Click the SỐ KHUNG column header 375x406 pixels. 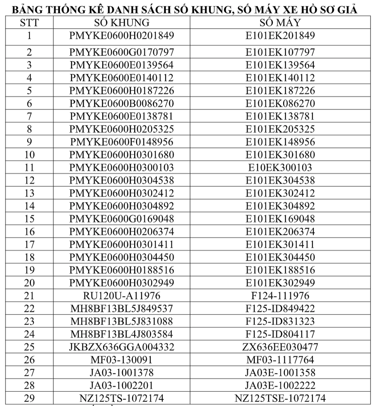coord(122,23)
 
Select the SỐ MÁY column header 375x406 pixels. coord(280,23)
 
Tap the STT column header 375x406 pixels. coord(29,23)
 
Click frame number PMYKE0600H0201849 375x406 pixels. coord(122,36)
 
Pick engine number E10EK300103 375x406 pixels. coord(280,168)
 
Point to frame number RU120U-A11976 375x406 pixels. coord(122,296)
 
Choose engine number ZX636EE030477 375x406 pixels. coord(280,347)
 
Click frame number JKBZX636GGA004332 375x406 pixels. coord(122,347)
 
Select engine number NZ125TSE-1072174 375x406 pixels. coord(280,398)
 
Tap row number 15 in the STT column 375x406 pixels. coord(29,219)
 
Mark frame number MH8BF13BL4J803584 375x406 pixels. coord(122,334)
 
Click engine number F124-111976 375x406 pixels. coord(280,296)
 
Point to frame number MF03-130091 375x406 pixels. coord(122,360)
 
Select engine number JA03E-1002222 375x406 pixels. coord(280,385)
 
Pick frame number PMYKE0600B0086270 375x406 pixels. coord(122,104)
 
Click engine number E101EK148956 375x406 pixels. coord(280,142)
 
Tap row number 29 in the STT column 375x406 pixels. coord(29,398)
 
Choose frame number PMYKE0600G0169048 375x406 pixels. coord(122,219)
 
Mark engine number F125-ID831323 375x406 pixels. coord(280,321)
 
